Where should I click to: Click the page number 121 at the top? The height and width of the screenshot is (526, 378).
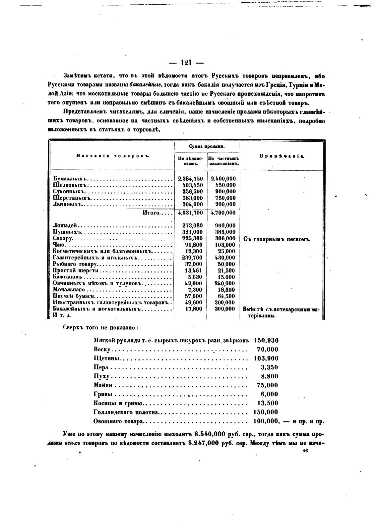point(186,63)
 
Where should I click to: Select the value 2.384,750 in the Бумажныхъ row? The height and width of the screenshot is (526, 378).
point(190,179)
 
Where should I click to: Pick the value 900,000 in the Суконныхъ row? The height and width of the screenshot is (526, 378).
point(225,192)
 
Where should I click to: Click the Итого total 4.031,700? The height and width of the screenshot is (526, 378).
point(190,213)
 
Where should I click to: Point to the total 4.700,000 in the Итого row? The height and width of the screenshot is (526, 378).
point(223,213)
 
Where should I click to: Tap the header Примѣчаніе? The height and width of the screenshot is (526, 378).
point(282,156)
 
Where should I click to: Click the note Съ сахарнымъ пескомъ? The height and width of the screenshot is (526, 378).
point(277,239)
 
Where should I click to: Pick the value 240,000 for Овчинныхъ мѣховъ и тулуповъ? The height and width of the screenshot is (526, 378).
point(225,284)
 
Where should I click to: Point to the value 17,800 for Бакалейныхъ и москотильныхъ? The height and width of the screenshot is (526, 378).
point(194,309)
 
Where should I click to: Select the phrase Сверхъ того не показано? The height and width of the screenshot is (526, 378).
point(100,328)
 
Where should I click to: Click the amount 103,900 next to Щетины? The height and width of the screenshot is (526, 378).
point(266,359)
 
